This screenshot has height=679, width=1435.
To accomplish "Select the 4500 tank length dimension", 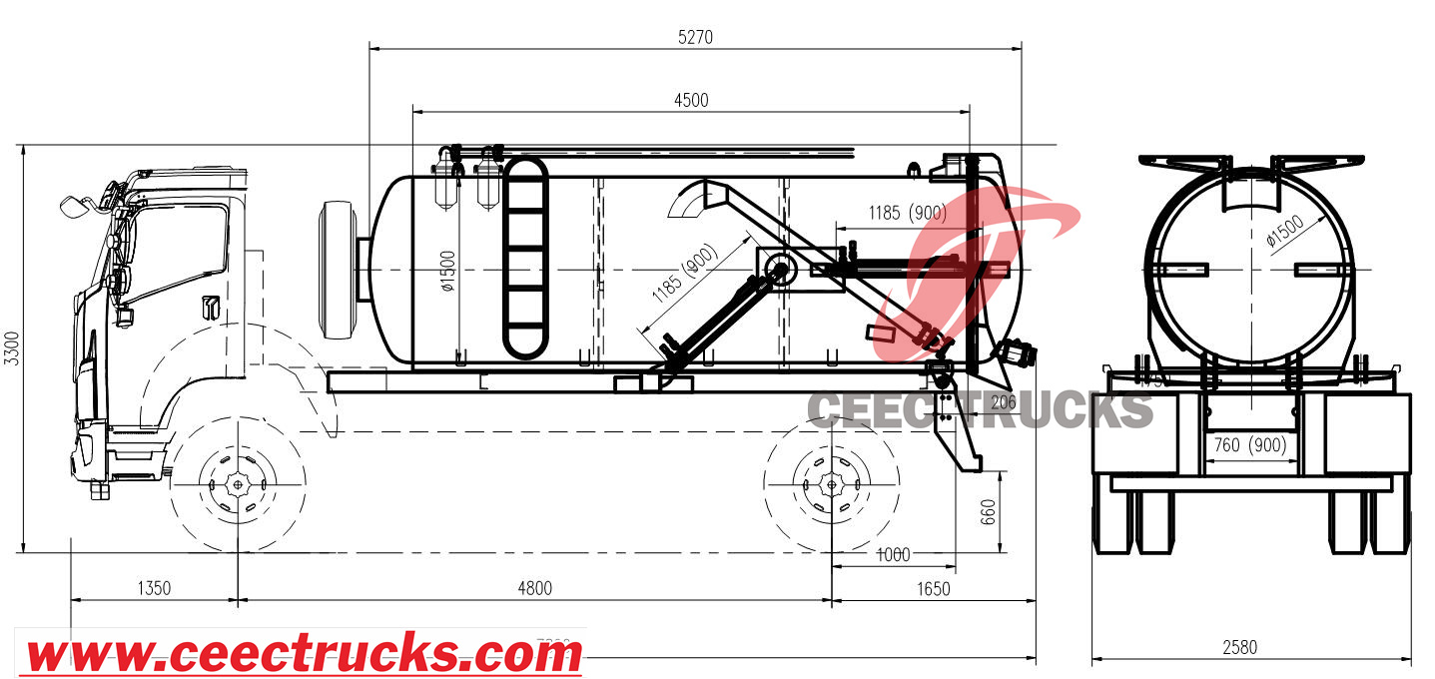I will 691,100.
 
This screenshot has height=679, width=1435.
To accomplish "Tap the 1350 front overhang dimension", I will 154,588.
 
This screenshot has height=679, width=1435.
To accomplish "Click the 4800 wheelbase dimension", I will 534,588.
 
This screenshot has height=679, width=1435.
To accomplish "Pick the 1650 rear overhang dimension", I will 933,588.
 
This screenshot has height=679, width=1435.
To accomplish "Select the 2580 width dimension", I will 1239,647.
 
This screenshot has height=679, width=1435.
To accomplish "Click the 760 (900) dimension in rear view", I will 1248,444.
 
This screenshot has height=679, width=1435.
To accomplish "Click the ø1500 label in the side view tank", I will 448,269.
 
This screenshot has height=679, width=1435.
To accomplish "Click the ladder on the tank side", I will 524,257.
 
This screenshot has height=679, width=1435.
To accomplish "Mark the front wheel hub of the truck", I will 238,485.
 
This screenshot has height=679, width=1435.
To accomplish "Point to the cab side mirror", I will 72,207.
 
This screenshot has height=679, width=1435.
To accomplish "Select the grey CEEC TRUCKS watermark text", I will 979,410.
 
